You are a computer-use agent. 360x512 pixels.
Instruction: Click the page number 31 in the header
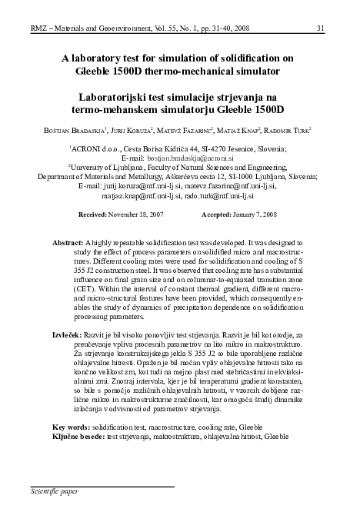tap(341, 8)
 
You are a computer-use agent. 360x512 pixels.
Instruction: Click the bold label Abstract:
tap(68, 243)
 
